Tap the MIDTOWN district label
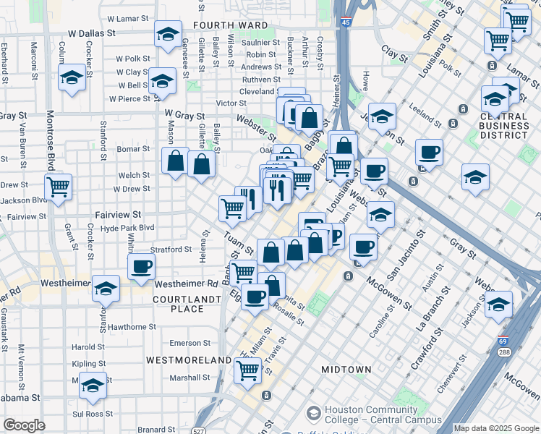point(346,370)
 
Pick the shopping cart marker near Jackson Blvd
point(59,187)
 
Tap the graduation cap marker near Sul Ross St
point(93,385)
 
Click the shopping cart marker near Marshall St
point(248,370)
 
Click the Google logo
point(25,425)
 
